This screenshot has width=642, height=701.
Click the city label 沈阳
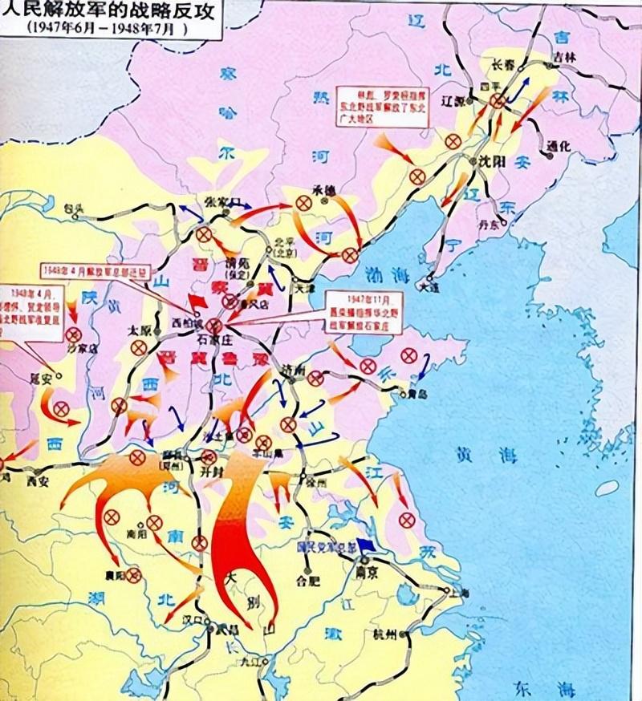tap(487, 160)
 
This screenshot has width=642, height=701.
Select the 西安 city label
tap(36, 482)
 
